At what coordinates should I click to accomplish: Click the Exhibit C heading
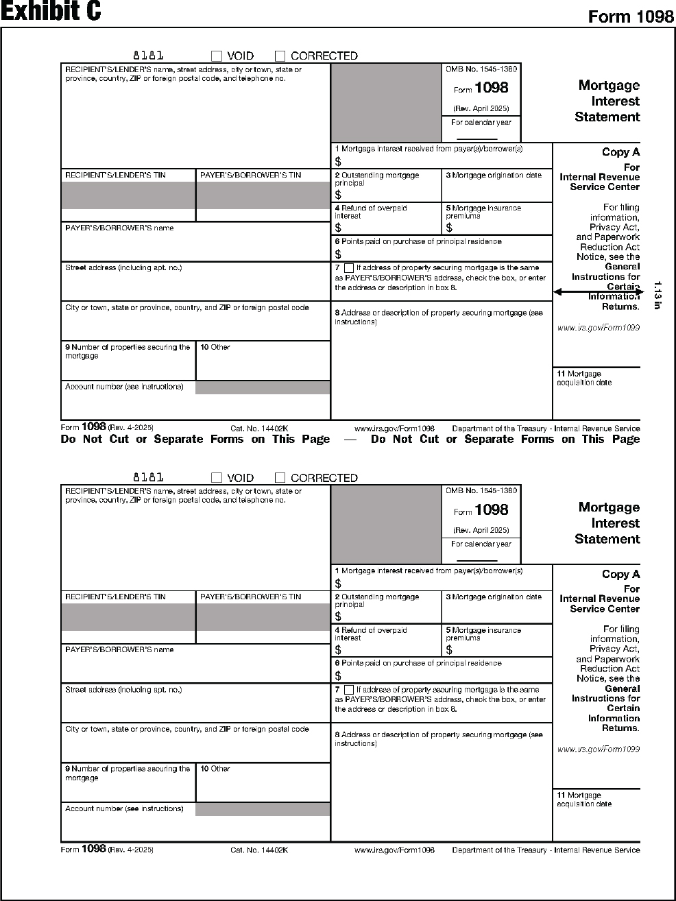click(51, 12)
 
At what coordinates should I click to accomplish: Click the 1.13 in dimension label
click(656, 295)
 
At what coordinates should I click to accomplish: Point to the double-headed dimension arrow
click(597, 292)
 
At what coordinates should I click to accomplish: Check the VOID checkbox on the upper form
click(217, 56)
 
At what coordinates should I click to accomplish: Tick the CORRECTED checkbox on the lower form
click(280, 478)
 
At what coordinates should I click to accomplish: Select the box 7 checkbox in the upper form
click(349, 268)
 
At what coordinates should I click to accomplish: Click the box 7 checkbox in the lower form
click(349, 690)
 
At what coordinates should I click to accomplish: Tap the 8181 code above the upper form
click(148, 56)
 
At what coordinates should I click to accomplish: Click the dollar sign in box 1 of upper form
click(338, 162)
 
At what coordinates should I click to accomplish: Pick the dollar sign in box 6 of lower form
click(338, 676)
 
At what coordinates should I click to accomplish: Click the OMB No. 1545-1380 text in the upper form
click(481, 69)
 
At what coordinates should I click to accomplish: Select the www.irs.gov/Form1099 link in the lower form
click(599, 749)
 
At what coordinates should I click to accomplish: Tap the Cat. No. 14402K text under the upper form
click(259, 429)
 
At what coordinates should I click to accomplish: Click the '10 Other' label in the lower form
click(215, 769)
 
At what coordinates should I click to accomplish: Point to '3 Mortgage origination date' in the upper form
click(494, 176)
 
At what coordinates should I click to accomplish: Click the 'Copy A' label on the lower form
click(620, 575)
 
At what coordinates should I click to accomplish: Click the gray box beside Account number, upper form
click(263, 388)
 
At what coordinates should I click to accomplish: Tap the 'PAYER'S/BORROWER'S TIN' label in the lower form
click(250, 597)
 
